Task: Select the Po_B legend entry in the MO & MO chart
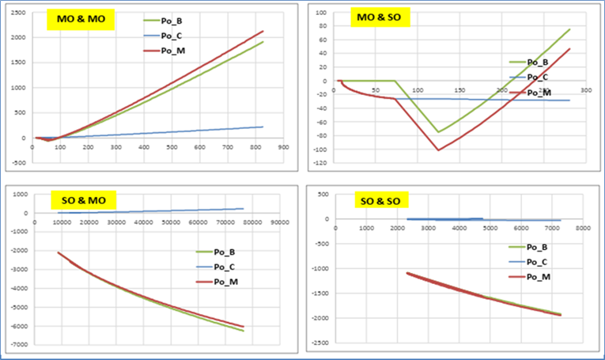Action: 169,21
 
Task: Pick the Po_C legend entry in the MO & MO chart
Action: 169,36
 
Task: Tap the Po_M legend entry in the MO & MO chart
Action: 169,51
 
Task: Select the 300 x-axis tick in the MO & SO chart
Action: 585,91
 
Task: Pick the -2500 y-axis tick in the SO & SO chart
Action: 321,343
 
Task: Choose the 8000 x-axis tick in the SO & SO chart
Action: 582,229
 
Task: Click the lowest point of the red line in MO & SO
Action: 438,150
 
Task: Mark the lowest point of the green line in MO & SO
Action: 438,131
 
